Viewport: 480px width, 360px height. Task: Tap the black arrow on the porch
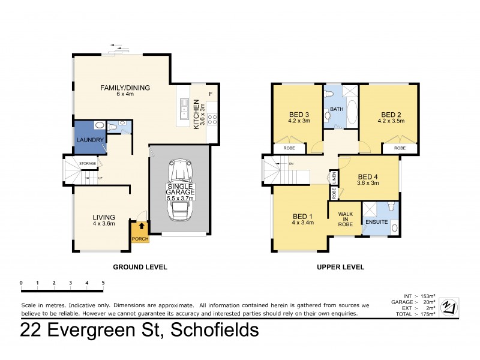click(x=141, y=226)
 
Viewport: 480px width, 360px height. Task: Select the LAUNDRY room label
click(x=91, y=140)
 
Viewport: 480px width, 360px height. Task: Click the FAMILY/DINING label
click(x=125, y=88)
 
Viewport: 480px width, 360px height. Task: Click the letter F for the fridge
click(x=210, y=94)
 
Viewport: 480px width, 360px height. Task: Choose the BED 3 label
click(x=299, y=115)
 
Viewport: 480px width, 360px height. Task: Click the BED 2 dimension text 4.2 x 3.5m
click(x=391, y=121)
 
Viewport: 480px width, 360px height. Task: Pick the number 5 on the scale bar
click(x=103, y=281)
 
